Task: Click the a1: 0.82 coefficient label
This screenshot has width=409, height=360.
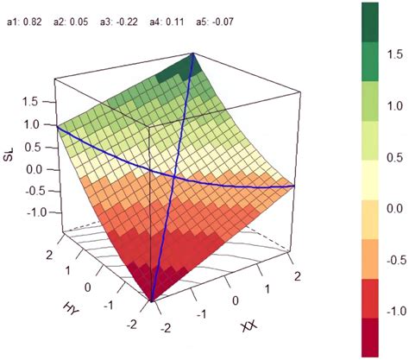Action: tap(27, 16)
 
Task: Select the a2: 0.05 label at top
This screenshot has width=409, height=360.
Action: tap(78, 16)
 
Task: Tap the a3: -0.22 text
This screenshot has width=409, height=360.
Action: tap(129, 16)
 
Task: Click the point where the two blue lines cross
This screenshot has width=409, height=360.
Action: tap(175, 177)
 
